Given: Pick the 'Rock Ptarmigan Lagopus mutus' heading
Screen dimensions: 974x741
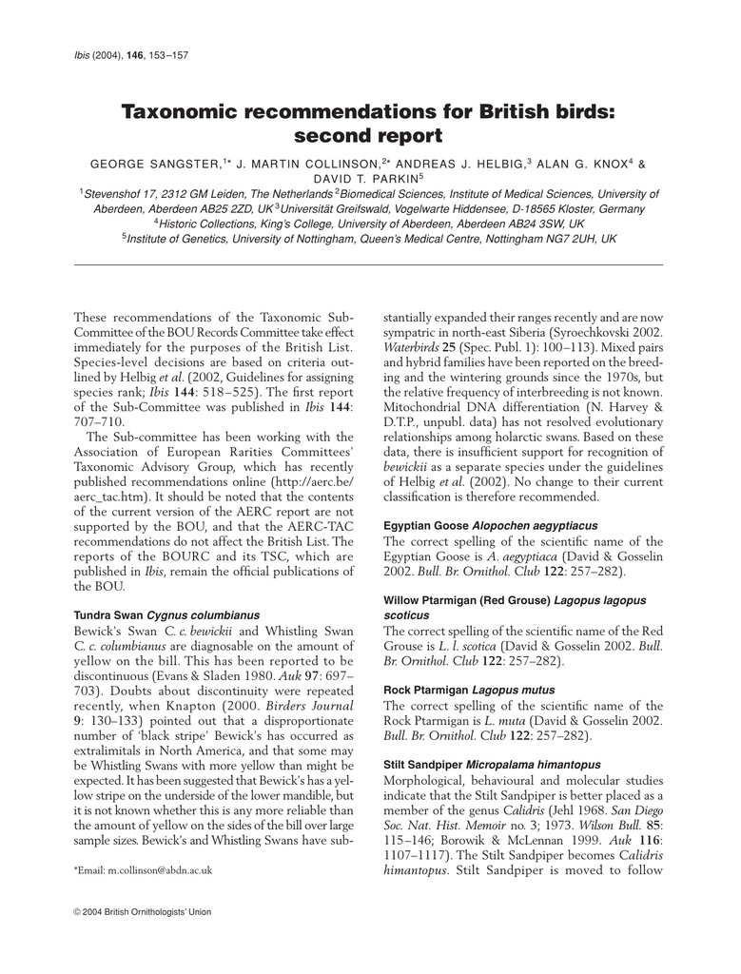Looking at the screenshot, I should (x=468, y=689).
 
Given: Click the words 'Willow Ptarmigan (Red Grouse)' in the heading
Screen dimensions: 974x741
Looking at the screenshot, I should (x=466, y=600).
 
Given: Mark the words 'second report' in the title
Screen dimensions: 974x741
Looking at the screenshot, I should (x=369, y=137).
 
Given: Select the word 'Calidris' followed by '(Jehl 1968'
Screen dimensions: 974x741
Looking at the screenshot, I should (x=532, y=795).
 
